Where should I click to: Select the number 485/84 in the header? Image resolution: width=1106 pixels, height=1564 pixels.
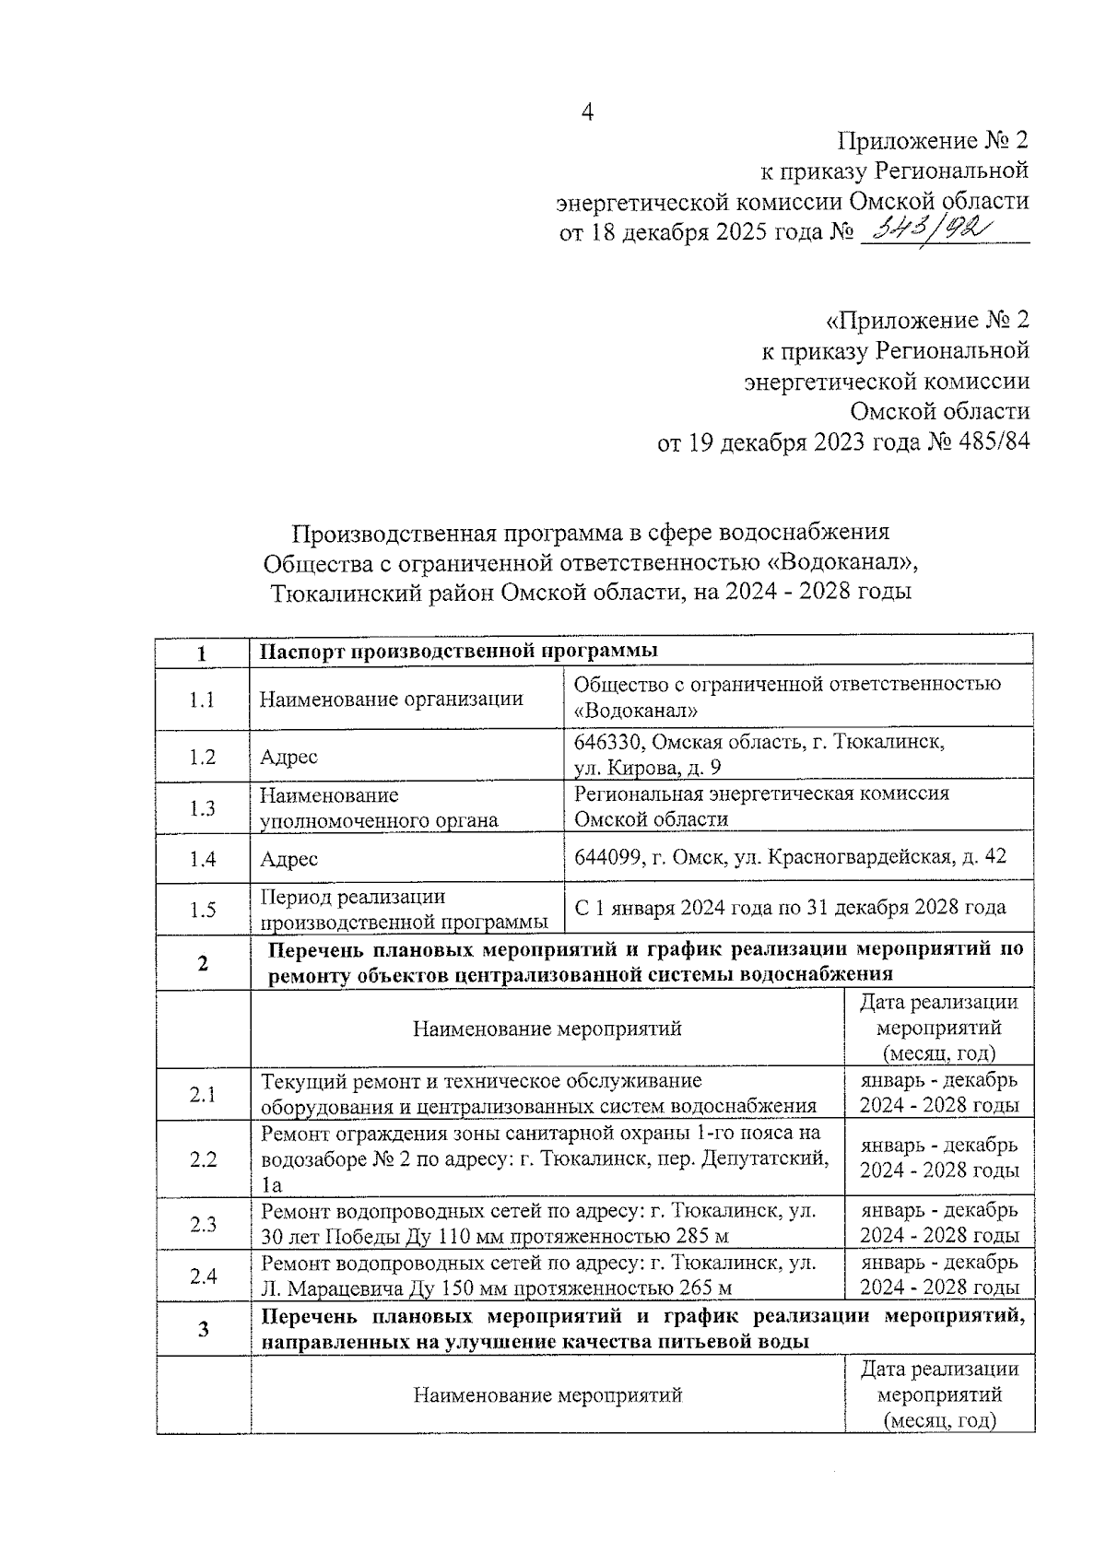994,442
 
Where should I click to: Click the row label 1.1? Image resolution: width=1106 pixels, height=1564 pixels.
202,700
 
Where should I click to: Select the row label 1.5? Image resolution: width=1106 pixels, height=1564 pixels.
202,911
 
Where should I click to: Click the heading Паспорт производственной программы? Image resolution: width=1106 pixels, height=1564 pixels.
458,651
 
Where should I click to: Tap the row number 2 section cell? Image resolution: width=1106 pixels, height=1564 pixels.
202,964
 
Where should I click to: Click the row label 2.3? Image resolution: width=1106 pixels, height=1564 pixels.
202,1224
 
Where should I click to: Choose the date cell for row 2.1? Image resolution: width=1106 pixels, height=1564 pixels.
939,1093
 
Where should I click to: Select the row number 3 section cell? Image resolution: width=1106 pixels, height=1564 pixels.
202,1329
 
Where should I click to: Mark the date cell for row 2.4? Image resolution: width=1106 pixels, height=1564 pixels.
939,1275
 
